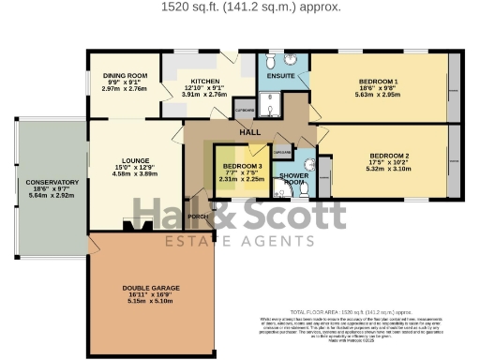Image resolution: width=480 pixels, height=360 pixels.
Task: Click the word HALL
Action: pos(249,132)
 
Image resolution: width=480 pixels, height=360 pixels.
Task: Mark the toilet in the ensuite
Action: pos(271,60)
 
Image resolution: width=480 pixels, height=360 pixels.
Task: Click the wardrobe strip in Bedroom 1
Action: pos(454,86)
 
